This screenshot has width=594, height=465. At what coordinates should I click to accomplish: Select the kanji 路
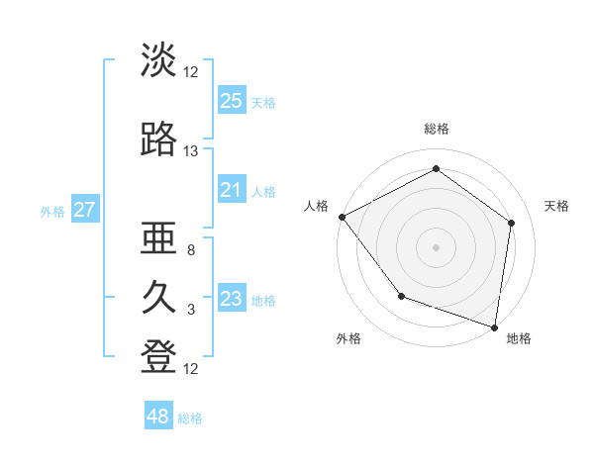(158, 141)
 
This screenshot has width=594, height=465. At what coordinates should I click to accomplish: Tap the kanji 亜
(158, 240)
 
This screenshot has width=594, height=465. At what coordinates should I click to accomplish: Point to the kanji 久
(158, 299)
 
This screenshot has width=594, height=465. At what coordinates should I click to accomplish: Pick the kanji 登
(158, 358)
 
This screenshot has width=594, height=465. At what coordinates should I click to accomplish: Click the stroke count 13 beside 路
(191, 151)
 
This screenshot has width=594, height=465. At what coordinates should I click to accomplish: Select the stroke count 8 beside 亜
(191, 250)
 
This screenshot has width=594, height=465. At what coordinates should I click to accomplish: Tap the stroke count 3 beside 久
(191, 310)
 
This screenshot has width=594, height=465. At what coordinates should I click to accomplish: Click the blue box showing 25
(232, 101)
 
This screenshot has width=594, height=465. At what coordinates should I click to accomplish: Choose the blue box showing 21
(232, 190)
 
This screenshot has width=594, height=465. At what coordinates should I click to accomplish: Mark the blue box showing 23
(232, 299)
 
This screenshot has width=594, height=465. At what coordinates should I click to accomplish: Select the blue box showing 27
(84, 210)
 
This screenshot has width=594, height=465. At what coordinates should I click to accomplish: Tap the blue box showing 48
(158, 417)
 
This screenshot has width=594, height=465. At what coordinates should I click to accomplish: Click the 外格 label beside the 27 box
(52, 211)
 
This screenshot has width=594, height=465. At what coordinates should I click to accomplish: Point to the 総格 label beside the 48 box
(190, 418)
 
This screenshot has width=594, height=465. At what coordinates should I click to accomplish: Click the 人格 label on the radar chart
(317, 206)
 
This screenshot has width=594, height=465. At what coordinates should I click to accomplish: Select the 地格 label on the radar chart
(519, 339)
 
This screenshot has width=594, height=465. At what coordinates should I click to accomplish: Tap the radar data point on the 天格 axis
(512, 223)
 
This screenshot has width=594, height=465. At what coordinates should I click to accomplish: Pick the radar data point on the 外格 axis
(401, 296)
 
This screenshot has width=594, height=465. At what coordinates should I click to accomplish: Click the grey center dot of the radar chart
(437, 246)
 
